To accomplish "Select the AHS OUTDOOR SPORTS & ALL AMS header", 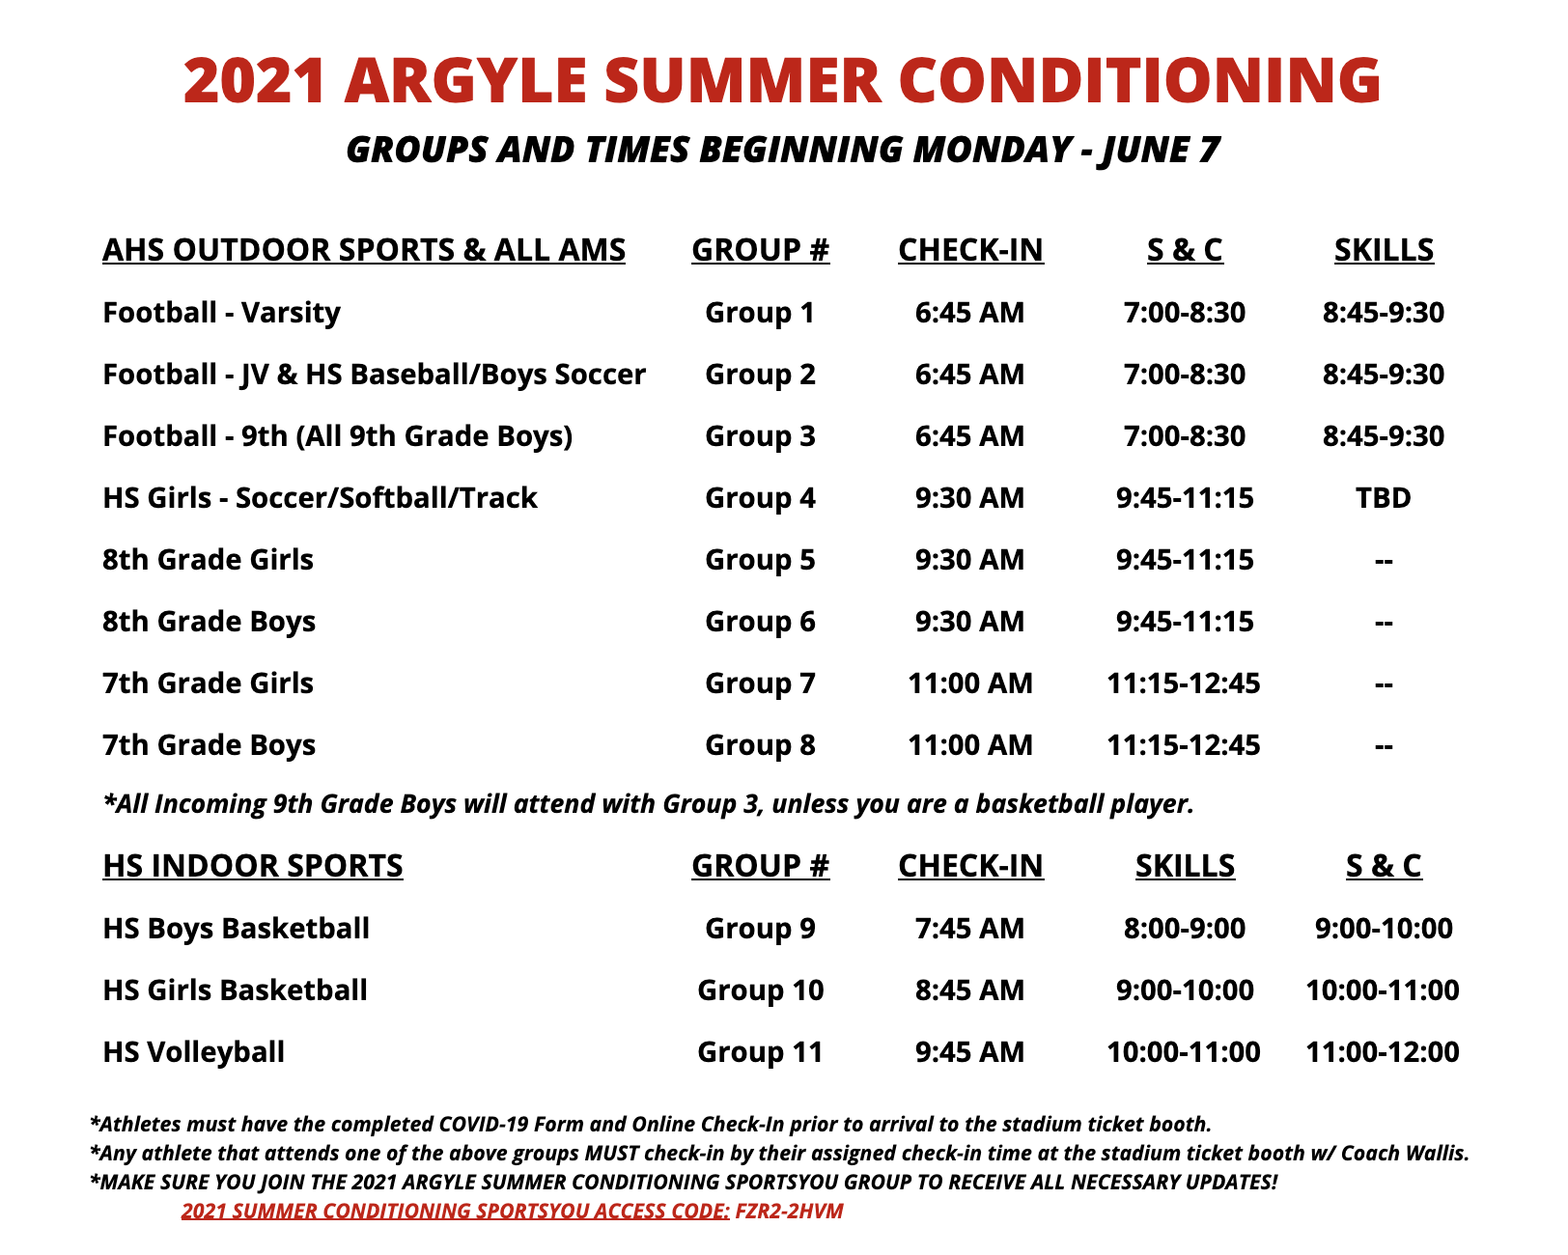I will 364,250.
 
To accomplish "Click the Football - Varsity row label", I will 221,313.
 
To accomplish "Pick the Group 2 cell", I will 760,375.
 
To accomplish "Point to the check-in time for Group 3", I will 969,436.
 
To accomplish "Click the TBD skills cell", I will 1383,498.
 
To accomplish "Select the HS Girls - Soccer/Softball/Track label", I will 320,498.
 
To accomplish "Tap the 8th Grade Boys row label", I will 209,622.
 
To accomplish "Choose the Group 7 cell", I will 760,683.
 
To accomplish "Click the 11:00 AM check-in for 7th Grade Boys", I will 969,745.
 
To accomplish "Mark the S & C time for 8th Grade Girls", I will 1185,560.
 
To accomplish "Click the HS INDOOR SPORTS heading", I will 253,866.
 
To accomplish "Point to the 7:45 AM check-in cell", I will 969,929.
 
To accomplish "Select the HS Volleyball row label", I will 193,1052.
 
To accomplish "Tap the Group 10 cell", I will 760,990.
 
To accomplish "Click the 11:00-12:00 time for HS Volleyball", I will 1383,1052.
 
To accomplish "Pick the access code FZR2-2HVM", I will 789,1212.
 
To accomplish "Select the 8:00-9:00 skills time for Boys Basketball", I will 1185,929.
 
